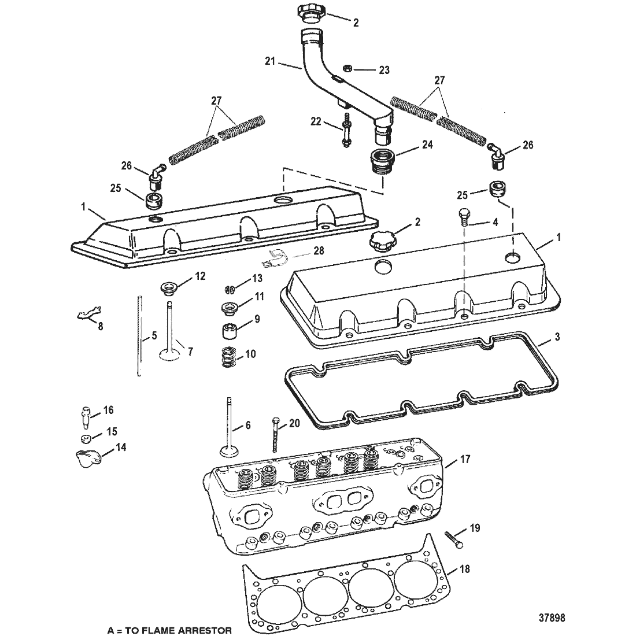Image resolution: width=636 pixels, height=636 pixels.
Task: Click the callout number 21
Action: pyautogui.click(x=270, y=61)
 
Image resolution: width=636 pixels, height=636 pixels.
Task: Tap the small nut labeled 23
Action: pyautogui.click(x=347, y=68)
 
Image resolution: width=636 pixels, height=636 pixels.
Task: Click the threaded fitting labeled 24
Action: pyautogui.click(x=381, y=161)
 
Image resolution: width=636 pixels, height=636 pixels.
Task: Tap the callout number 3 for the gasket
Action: pyautogui.click(x=557, y=337)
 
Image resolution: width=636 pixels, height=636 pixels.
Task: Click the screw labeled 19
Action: pyautogui.click(x=454, y=540)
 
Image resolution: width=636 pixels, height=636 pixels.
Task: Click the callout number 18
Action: pyautogui.click(x=464, y=569)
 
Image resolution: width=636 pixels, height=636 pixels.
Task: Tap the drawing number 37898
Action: pyautogui.click(x=552, y=618)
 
